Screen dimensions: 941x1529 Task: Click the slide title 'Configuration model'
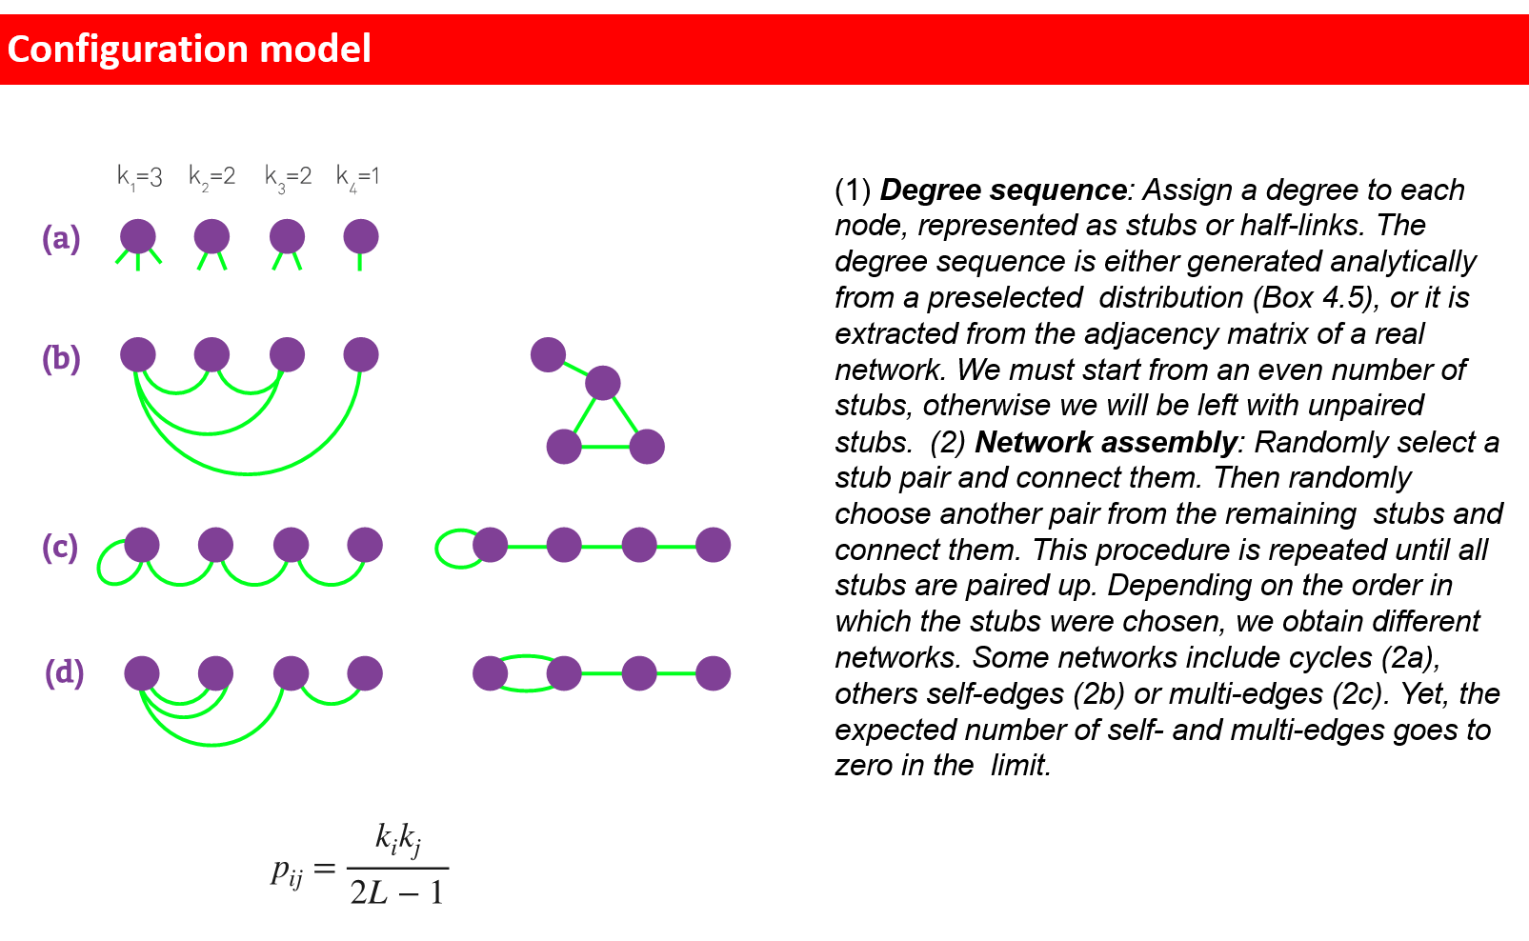tap(189, 49)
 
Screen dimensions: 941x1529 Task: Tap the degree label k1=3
tap(139, 177)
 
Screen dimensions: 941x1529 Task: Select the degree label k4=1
tap(357, 177)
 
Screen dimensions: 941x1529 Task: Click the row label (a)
tap(61, 238)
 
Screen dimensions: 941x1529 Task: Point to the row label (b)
tap(61, 358)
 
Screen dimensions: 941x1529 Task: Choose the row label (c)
tap(60, 547)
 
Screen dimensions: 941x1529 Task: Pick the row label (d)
tap(64, 672)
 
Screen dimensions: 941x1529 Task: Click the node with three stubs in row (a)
tap(138, 236)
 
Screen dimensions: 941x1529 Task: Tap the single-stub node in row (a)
tap(361, 236)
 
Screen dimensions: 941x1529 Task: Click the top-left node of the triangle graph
tap(548, 355)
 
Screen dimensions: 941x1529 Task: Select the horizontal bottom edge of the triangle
tap(605, 447)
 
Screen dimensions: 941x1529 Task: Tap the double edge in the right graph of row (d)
tap(527, 673)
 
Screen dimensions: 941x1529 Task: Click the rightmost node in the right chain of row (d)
tap(713, 673)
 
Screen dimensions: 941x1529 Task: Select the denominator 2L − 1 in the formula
tap(396, 892)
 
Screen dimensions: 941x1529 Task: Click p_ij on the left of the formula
tap(287, 871)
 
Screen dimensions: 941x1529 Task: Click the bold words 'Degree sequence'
tap(1003, 190)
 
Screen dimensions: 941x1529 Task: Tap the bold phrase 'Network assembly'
tap(1106, 442)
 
